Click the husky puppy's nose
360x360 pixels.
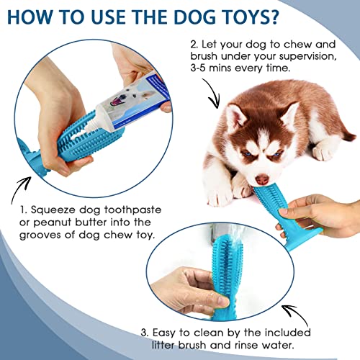click(262, 179)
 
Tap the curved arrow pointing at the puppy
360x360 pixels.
click(212, 93)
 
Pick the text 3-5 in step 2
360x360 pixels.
click(199, 68)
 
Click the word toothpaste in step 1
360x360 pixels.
click(132, 210)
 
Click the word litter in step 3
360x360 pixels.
click(163, 345)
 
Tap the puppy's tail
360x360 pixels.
click(348, 136)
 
